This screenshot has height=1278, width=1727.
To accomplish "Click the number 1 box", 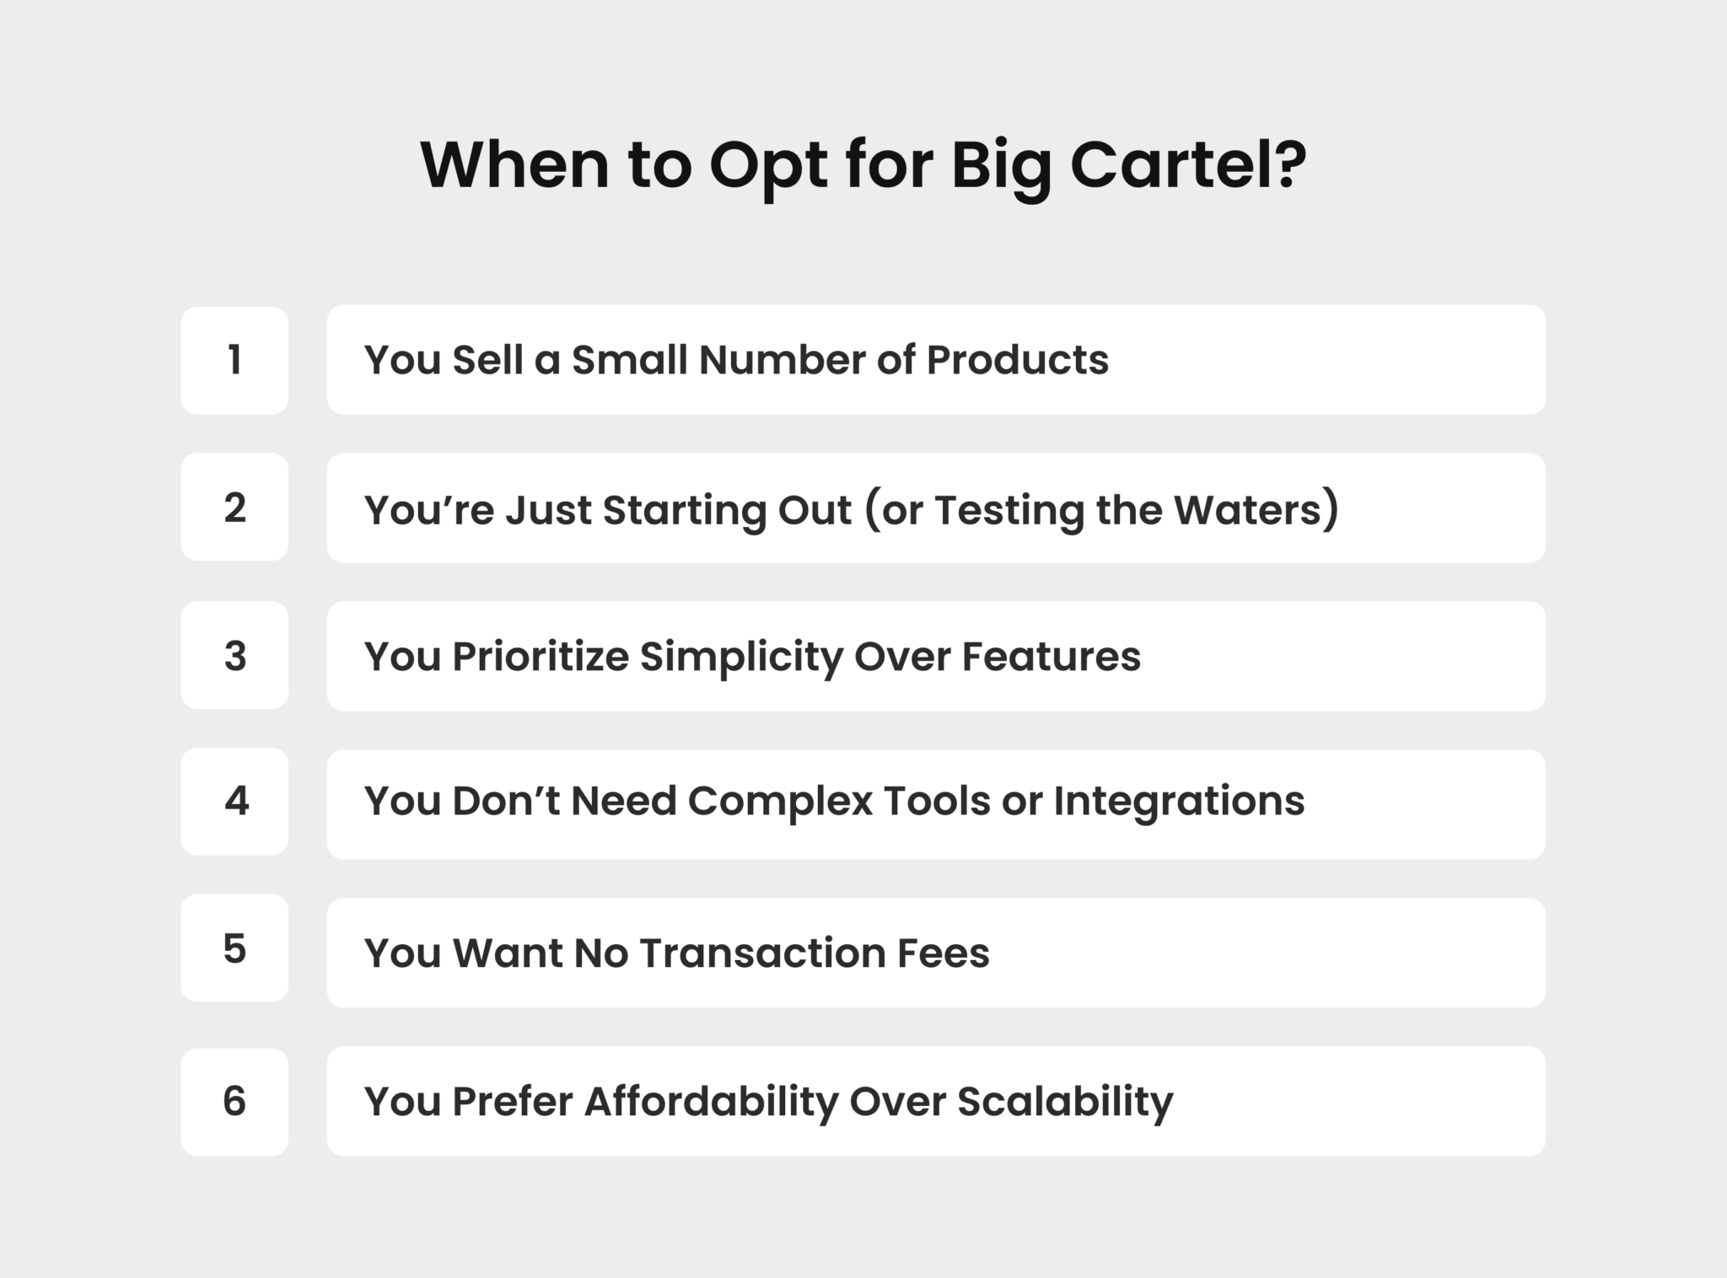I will tap(234, 360).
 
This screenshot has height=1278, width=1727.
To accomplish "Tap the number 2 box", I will tap(234, 507).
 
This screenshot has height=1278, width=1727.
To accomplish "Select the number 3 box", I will tap(234, 656).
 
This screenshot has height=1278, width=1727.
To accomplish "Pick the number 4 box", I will tap(234, 802).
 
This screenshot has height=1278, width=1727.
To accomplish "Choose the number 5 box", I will tap(234, 948).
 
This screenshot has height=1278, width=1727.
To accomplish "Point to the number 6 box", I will tap(234, 1101).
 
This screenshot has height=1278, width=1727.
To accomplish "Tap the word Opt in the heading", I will tap(768, 166).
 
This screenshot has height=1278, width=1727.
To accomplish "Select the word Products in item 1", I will tap(1017, 360).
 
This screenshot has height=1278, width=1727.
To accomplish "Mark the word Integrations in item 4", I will tap(1179, 801).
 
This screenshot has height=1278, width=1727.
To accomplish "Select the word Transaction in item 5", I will tap(762, 953).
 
